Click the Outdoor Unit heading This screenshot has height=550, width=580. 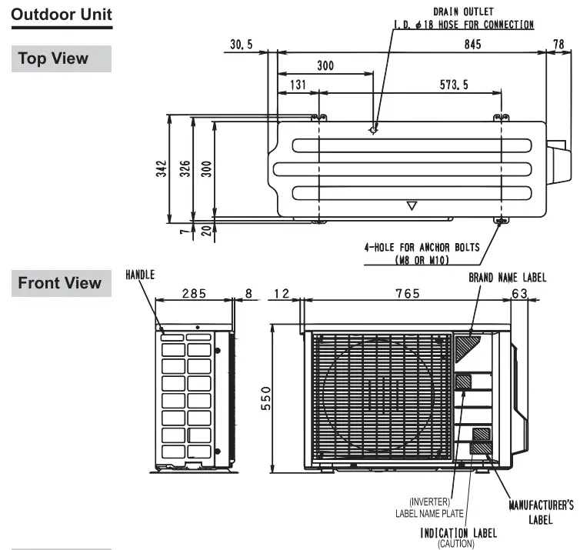pos(62,14)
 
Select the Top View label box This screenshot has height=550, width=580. pos(62,58)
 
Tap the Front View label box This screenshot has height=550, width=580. pos(62,283)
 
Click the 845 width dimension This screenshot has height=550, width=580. pos(472,45)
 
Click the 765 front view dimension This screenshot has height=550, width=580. pos(407,293)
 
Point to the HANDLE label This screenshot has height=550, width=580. pos(140,274)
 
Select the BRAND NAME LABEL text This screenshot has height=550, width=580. pos(508,277)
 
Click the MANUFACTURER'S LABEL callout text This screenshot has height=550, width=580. pos(541,512)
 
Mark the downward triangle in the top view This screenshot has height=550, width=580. pos(412,205)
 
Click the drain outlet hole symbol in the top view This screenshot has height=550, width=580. pos(373,129)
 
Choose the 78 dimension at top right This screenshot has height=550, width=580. pos(558,45)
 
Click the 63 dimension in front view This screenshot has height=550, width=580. pos(518,293)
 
